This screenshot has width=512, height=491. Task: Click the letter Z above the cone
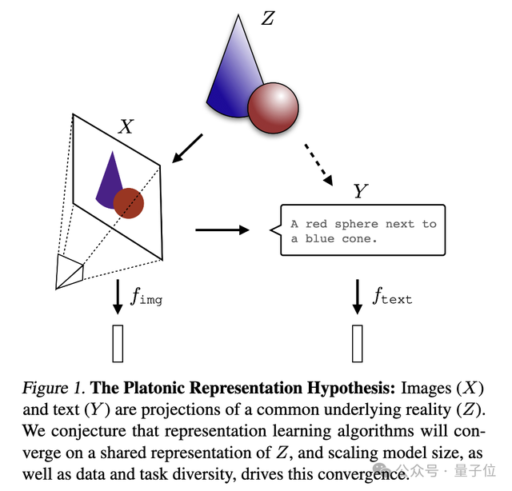click(x=267, y=18)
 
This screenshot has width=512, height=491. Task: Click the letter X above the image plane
click(x=126, y=126)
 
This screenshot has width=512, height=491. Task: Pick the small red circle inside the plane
click(x=128, y=204)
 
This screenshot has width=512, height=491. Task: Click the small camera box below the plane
click(x=69, y=271)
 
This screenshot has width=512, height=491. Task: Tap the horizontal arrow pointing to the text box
click(x=222, y=230)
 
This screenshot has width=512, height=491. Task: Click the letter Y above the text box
click(x=361, y=191)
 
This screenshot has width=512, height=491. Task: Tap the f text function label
click(x=392, y=297)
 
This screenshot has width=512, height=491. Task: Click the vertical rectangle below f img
click(x=118, y=343)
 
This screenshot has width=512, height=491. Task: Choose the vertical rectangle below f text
click(x=358, y=343)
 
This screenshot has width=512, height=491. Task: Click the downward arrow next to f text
click(x=358, y=297)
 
